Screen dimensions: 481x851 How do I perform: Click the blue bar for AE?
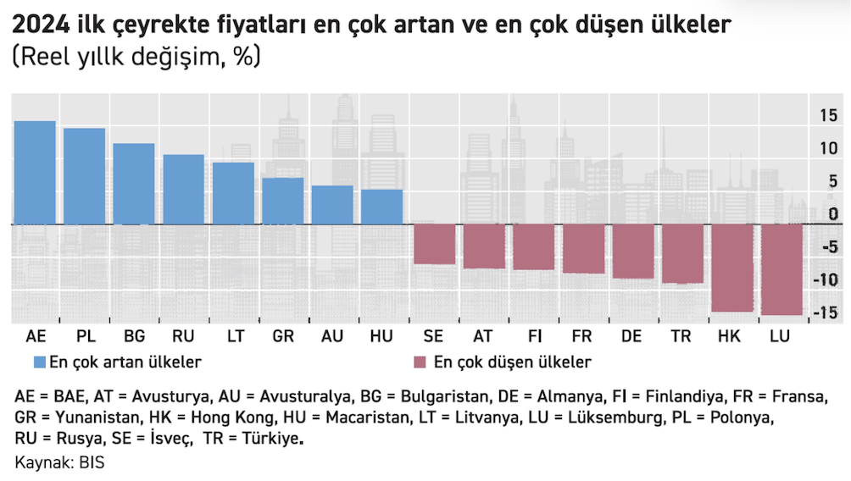(35, 173)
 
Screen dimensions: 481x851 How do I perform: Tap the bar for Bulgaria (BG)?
(134, 184)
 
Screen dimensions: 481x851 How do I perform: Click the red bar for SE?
(433, 244)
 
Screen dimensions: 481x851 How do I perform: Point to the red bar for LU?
(781, 269)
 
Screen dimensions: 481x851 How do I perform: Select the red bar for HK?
(731, 268)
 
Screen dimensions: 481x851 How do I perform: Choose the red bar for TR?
(681, 253)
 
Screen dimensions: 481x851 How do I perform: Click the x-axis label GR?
(283, 336)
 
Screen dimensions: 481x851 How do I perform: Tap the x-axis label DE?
(631, 336)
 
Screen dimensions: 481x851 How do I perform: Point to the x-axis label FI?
(532, 336)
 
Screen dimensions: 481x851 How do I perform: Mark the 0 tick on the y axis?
(834, 214)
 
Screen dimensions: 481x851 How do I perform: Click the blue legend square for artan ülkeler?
(38, 362)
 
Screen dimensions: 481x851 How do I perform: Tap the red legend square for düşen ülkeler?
(419, 362)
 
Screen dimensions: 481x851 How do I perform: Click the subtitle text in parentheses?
(136, 58)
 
